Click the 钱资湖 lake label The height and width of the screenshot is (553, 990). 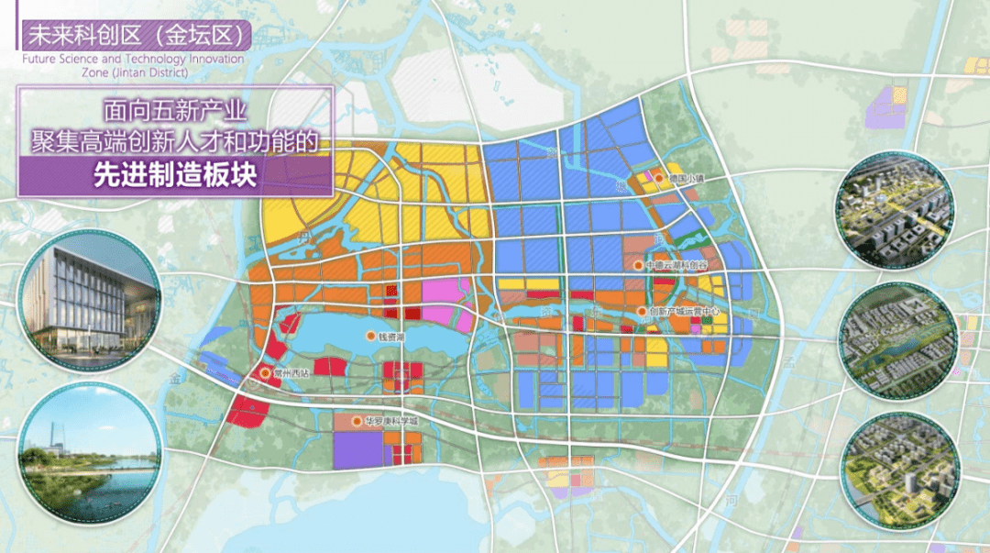[x=391, y=337]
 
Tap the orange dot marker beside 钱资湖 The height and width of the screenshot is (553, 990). [x=370, y=337]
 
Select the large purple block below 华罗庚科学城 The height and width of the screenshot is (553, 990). [x=357, y=450]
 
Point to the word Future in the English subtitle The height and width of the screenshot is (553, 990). [x=38, y=60]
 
